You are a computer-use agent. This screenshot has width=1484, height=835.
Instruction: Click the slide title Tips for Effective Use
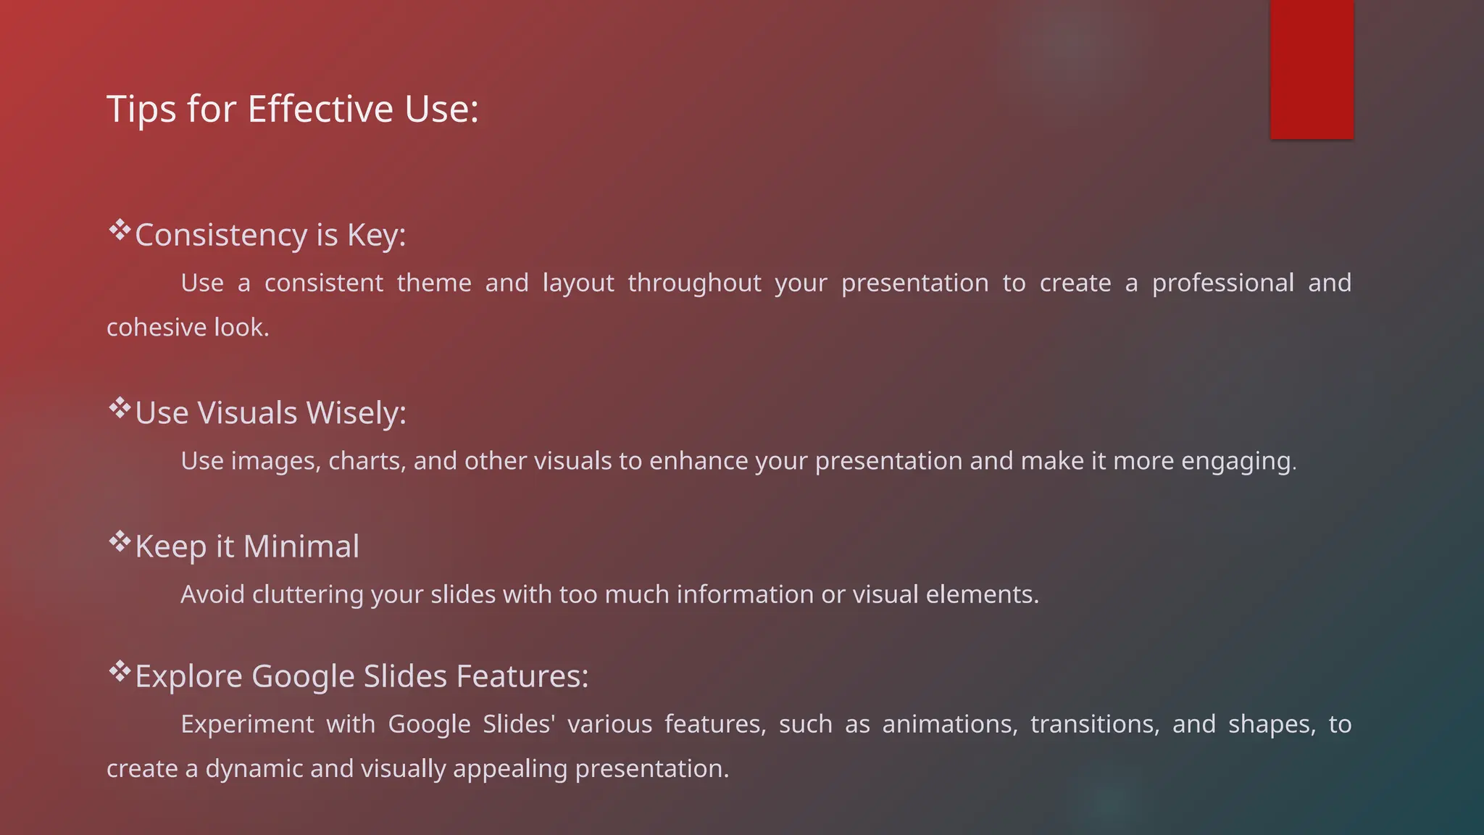(293, 109)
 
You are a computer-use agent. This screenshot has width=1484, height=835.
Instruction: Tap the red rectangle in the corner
(1312, 69)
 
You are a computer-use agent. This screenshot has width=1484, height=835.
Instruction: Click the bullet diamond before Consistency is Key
(120, 230)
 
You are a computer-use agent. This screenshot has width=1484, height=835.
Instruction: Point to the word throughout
(694, 283)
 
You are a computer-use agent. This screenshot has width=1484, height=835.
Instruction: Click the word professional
(1222, 283)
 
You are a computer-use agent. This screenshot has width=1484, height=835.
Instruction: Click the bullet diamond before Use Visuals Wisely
(120, 408)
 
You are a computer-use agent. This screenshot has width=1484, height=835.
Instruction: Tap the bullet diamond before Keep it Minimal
(120, 541)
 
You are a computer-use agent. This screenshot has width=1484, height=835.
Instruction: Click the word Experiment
(247, 724)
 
